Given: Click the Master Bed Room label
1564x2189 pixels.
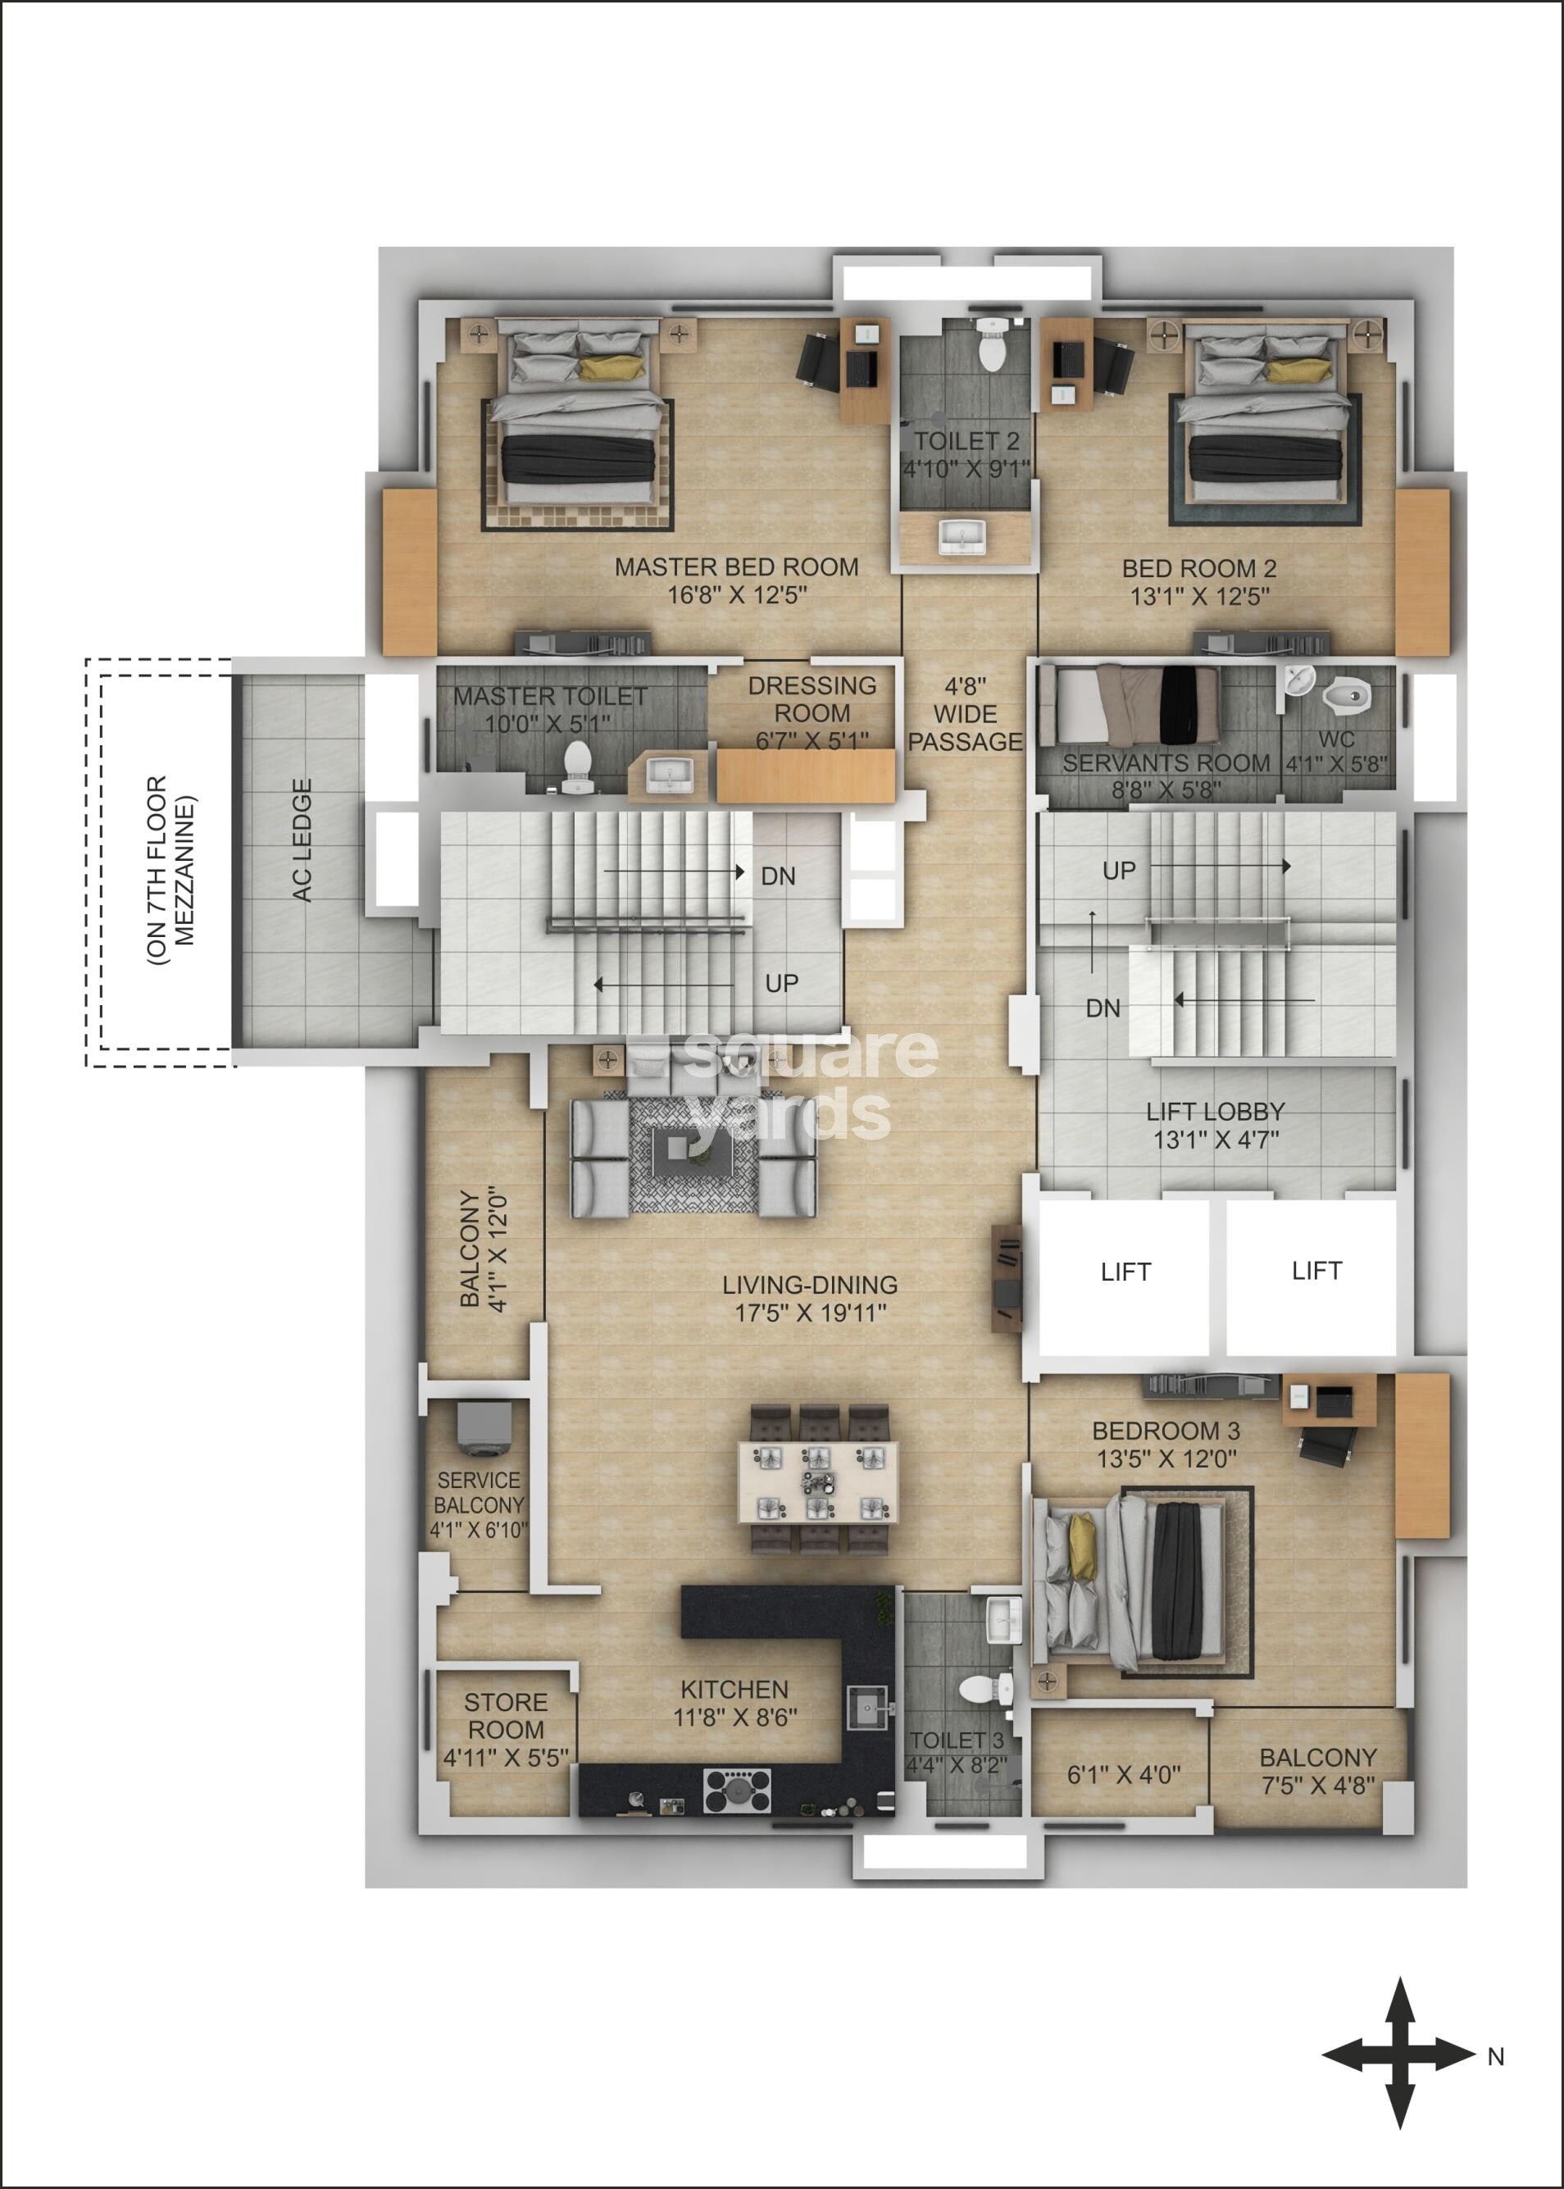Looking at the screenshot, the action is click(x=737, y=567).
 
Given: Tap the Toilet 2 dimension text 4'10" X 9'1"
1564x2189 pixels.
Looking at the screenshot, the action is click(x=966, y=469).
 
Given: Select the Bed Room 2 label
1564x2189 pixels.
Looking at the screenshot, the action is click(x=1199, y=568).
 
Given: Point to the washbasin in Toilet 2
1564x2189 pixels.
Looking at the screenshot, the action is click(x=963, y=536).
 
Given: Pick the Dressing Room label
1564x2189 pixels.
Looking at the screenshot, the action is click(x=812, y=699).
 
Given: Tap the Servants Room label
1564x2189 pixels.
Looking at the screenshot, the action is click(x=1166, y=762).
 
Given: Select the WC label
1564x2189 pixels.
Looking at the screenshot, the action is click(x=1337, y=740).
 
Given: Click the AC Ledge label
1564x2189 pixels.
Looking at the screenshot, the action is click(x=302, y=840).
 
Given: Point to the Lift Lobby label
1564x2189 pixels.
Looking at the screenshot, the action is click(x=1216, y=1112).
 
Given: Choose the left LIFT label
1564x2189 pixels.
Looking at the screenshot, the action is click(x=1125, y=1272).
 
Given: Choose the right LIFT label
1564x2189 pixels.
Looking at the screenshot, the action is click(x=1316, y=1272).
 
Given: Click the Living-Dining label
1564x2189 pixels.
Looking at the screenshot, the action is click(x=810, y=1285).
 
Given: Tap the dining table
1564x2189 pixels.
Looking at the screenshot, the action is click(x=819, y=1482).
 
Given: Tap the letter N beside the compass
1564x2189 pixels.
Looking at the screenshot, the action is click(x=1496, y=2057).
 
